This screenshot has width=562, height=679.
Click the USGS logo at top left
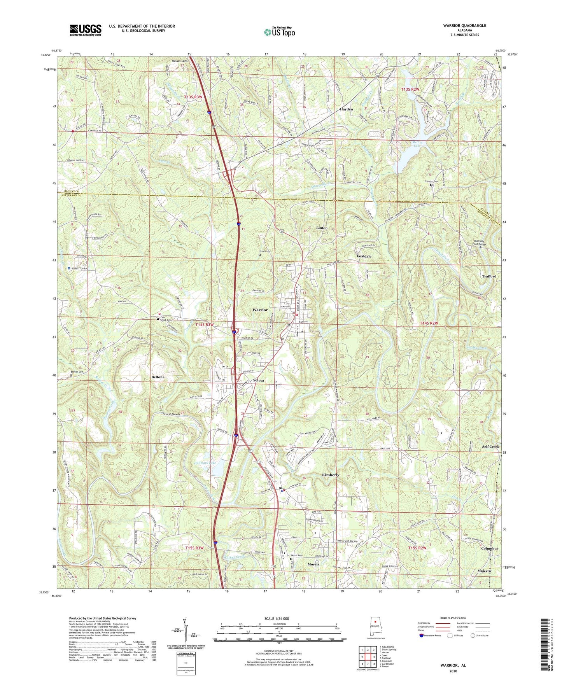86,30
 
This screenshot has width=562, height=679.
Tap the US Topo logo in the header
279,32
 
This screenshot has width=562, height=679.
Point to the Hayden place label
347,110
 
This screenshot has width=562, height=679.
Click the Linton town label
322,228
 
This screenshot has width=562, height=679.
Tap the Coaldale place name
364,256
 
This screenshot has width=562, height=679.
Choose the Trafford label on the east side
489,276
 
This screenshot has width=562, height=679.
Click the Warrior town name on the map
260,310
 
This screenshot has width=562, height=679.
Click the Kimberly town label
331,475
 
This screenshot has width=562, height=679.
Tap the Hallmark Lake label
205,463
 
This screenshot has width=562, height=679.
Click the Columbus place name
489,549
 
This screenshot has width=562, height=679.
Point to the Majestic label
485,571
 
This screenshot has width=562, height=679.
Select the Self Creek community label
490,447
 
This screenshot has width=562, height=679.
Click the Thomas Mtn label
180,61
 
